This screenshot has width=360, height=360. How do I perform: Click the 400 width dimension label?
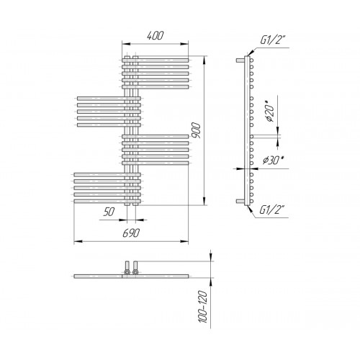(x=155, y=35)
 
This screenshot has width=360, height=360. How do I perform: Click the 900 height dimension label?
(x=196, y=130)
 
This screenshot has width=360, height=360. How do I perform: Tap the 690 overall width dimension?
(x=131, y=233)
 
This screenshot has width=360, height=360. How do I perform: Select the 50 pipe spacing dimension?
(x=109, y=212)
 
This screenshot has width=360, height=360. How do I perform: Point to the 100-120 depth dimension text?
(x=203, y=307)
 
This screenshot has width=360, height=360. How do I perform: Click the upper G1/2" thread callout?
(x=273, y=40)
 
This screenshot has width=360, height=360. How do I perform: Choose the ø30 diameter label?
(x=273, y=161)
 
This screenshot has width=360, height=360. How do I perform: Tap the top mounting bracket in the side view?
(x=240, y=60)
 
